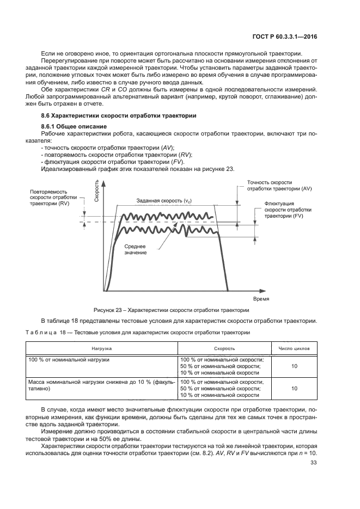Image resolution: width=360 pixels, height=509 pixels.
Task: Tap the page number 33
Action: [x=313, y=463]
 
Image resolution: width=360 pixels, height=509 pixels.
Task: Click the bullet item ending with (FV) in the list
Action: [x=113, y=162]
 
